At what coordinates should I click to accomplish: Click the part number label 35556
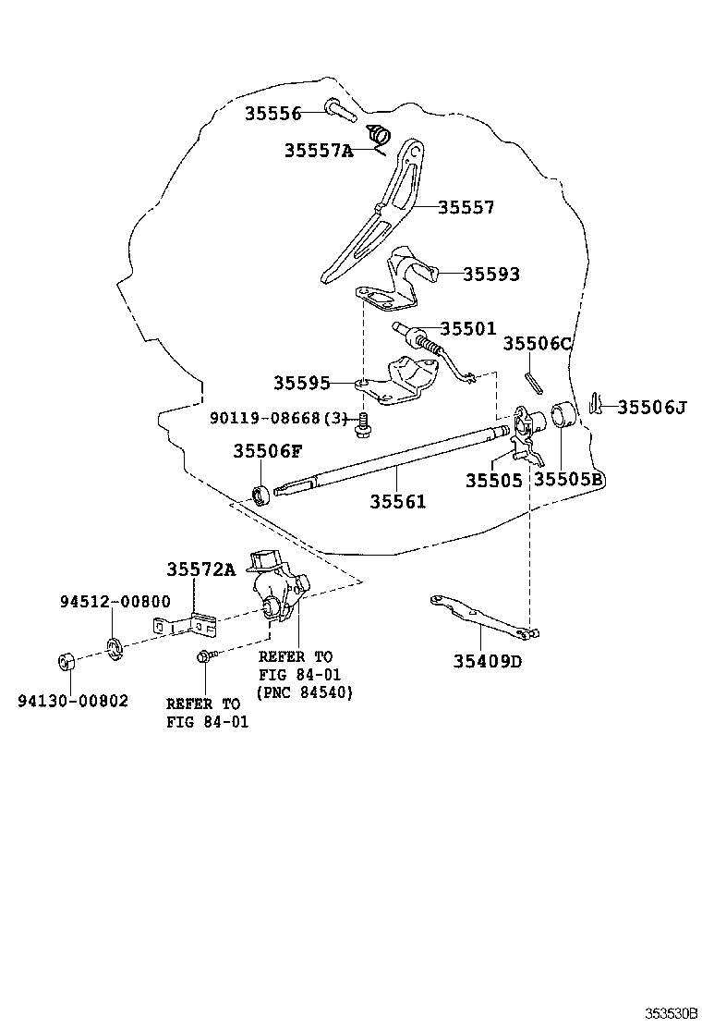pos(272,114)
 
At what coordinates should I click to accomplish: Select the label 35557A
pos(318,150)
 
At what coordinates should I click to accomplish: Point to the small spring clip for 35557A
pos(377,135)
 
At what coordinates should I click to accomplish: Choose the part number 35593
pos(490,274)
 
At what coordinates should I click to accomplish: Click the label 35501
pos(467,328)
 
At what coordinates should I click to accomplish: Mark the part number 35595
pos(301,382)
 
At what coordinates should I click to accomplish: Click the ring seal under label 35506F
pos(263,494)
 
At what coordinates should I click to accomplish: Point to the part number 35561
pos(398,501)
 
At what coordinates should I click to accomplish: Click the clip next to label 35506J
pos(596,404)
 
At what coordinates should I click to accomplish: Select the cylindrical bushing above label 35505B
pos(563,415)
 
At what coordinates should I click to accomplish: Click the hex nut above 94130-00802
pos(66,662)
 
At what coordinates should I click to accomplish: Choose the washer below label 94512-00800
pos(114,646)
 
